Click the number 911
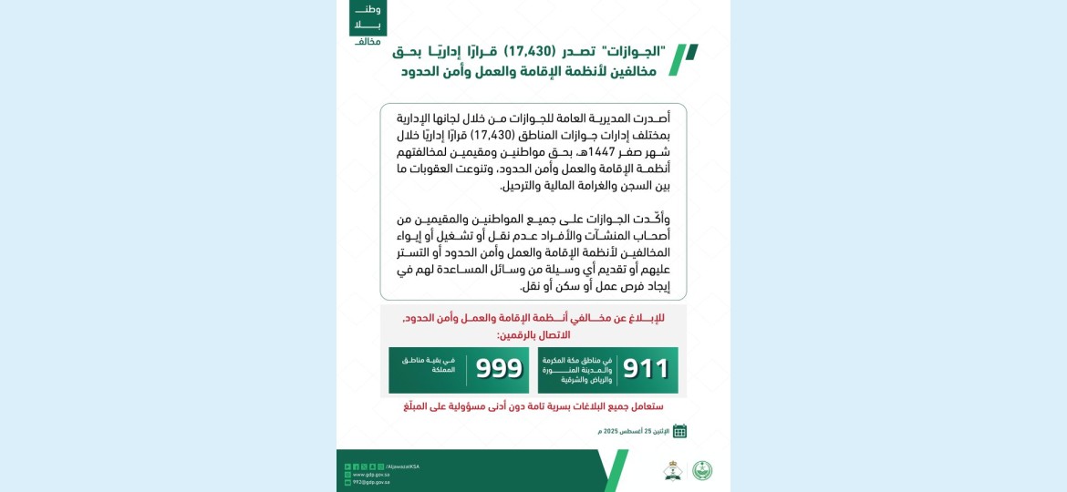point(647,368)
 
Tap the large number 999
point(500,368)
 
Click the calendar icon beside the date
point(679,431)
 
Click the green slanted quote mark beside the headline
point(683,59)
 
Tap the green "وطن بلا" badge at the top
point(368,17)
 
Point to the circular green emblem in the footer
point(702,470)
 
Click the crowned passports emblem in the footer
point(672,470)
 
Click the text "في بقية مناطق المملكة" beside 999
point(430,365)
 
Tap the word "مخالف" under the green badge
point(368,42)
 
